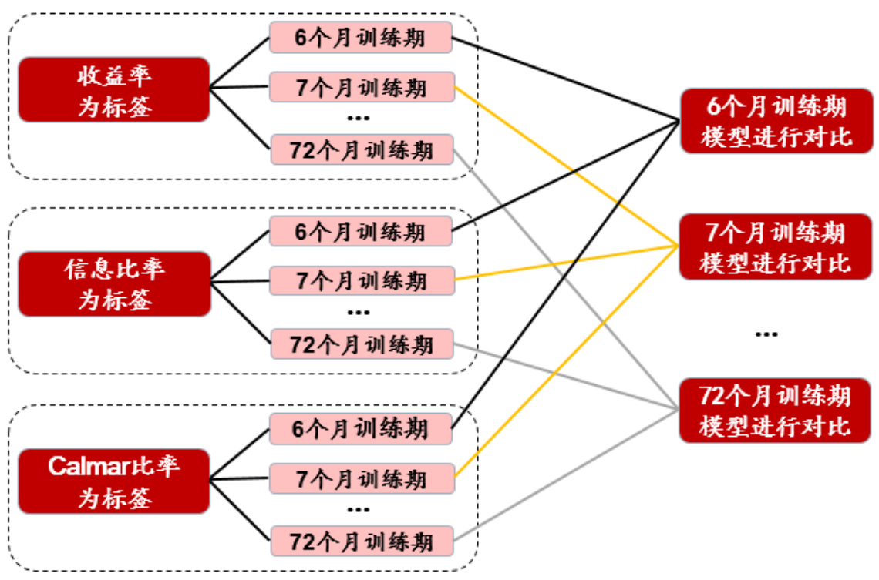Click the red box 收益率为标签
point(113,89)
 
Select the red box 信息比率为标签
point(113,283)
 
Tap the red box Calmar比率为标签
point(113,481)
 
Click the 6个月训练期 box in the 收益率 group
point(360,37)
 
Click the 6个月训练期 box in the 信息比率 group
point(360,231)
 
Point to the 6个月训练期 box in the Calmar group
point(360,428)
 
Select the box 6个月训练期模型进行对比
point(776,120)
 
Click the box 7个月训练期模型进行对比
point(776,246)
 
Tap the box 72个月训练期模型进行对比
point(776,410)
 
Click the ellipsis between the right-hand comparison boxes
point(766,334)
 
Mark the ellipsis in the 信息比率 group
point(359,313)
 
